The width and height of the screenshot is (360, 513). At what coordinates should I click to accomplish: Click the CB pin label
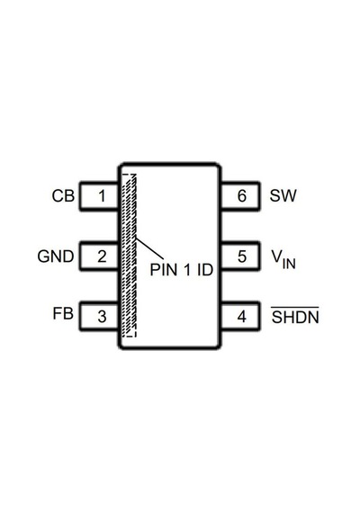coord(63,196)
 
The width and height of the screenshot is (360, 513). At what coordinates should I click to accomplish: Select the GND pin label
coord(56,256)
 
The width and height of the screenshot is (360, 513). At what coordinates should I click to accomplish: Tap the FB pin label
coord(63,313)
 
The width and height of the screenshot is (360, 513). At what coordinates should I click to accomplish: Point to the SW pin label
coord(283,195)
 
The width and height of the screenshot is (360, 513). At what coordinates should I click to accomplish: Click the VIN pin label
coord(283,259)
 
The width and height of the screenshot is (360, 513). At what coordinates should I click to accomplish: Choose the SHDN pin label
coord(295,316)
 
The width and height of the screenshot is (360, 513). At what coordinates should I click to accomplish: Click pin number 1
coord(102,196)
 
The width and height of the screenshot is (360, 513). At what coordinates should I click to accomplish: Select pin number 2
coord(102,256)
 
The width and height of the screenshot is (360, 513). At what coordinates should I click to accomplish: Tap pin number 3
coord(102,317)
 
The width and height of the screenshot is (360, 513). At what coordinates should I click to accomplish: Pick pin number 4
coord(241,317)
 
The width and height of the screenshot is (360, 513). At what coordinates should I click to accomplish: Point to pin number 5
coord(242,256)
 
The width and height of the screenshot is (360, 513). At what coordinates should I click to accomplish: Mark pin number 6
coord(242,196)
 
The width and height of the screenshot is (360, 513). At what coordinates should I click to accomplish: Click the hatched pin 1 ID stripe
coord(130,256)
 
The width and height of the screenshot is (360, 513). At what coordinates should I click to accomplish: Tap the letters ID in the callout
coord(205,270)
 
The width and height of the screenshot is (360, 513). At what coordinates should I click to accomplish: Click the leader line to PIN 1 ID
coord(149,248)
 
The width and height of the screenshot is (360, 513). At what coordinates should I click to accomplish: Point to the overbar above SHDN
coord(294,307)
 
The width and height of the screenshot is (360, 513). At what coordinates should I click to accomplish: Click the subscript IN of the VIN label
coord(289,264)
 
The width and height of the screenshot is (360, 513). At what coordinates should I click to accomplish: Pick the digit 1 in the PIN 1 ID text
coord(187,270)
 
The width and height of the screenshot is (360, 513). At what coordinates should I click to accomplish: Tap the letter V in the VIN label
coord(276,256)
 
